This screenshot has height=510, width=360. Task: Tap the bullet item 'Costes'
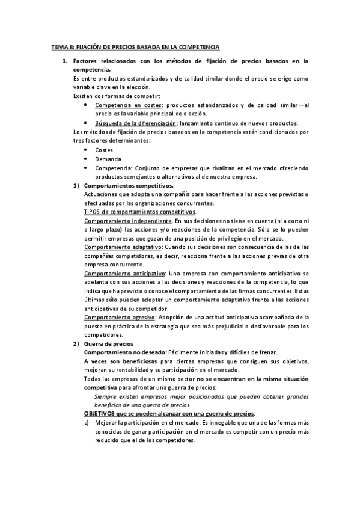tap(103, 150)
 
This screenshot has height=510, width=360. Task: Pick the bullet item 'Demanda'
tap(107, 159)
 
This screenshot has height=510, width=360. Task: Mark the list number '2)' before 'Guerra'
tap(76, 343)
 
